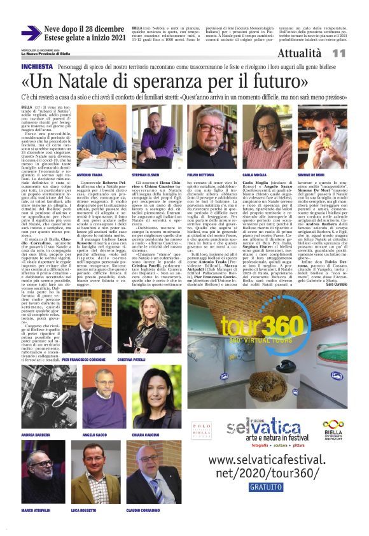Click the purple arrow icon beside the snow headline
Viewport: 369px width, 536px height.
[x=31, y=34]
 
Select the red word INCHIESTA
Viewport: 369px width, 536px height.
[x=37, y=66]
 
